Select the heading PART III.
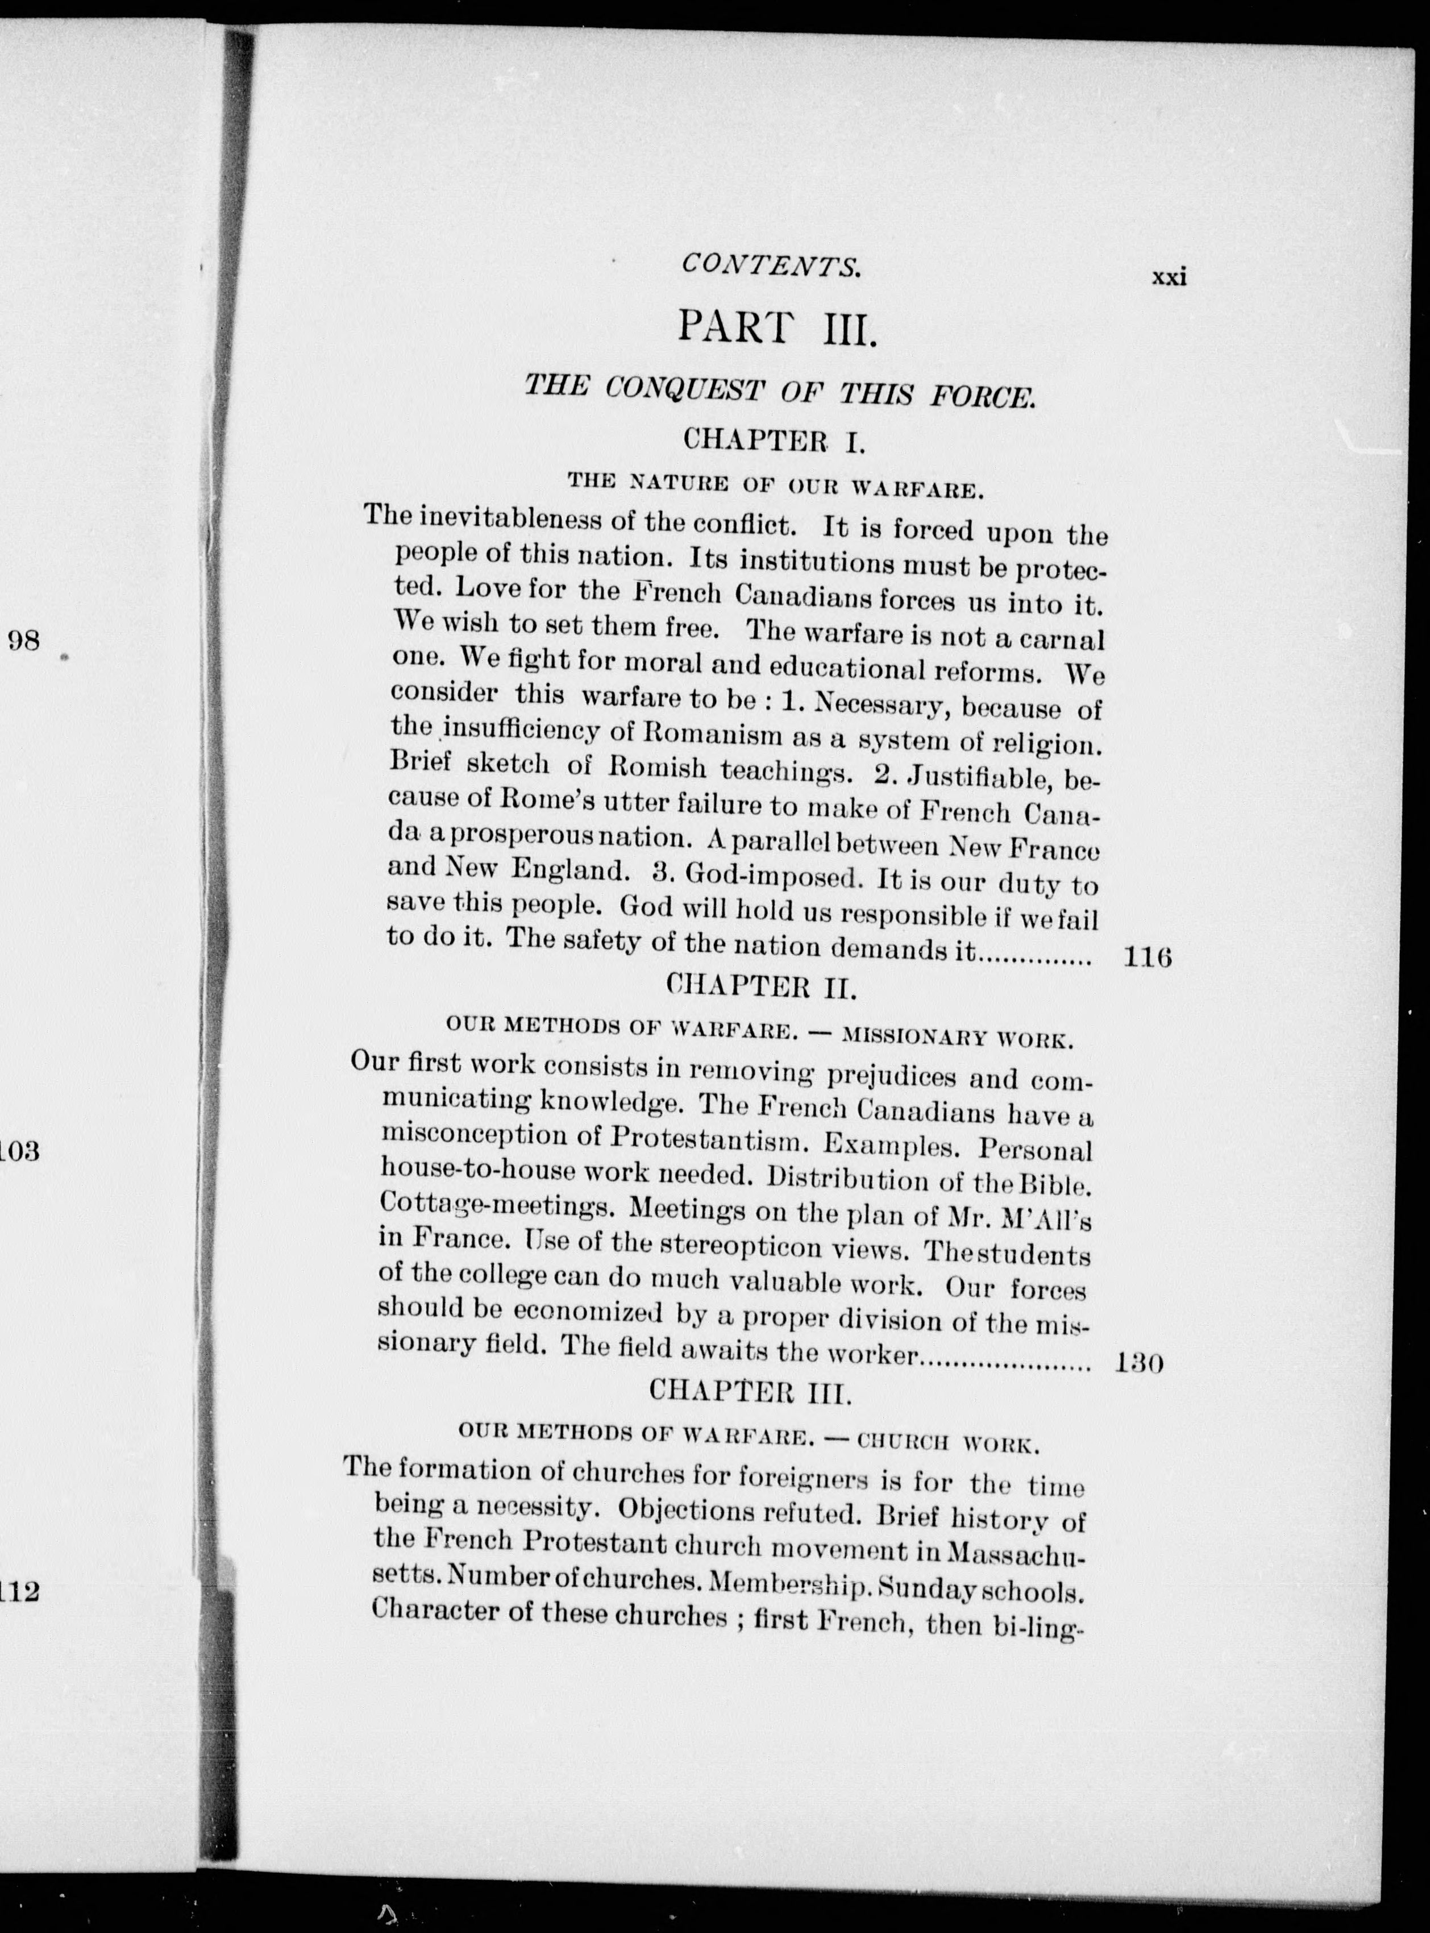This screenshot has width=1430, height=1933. click(778, 329)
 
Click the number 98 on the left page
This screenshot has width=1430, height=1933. click(23, 641)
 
